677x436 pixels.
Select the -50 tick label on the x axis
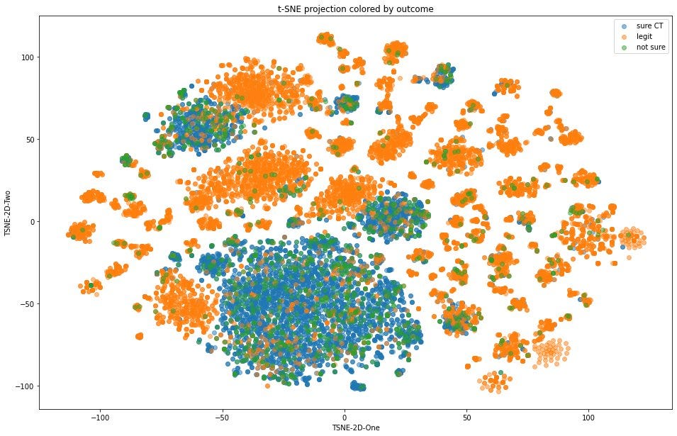click(221, 417)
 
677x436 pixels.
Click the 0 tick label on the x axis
click(345, 417)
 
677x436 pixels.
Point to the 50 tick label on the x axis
click(466, 417)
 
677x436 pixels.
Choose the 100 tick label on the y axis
click(26, 57)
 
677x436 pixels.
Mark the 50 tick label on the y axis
click(28, 140)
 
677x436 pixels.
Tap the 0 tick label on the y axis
click(30, 222)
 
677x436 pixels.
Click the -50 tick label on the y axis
click(26, 304)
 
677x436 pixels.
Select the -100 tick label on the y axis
click(23, 386)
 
